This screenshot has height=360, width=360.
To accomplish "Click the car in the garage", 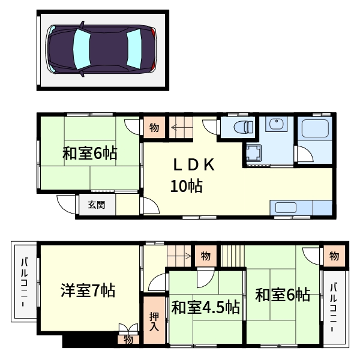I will click(x=102, y=49).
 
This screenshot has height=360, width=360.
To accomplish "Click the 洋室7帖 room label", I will click(x=88, y=291).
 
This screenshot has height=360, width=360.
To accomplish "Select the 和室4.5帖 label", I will click(x=206, y=308).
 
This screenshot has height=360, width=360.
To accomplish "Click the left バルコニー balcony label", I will click(x=25, y=281).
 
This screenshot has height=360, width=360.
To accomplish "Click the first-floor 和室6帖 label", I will click(x=89, y=154).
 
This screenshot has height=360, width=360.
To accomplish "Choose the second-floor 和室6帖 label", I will click(x=283, y=295).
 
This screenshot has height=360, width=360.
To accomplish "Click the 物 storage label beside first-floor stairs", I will click(x=154, y=127).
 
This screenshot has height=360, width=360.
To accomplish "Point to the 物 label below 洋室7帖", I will click(x=129, y=340).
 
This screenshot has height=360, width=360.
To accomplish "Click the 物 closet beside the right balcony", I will click(x=334, y=256).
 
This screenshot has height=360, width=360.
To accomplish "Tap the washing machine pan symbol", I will click(x=253, y=154).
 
